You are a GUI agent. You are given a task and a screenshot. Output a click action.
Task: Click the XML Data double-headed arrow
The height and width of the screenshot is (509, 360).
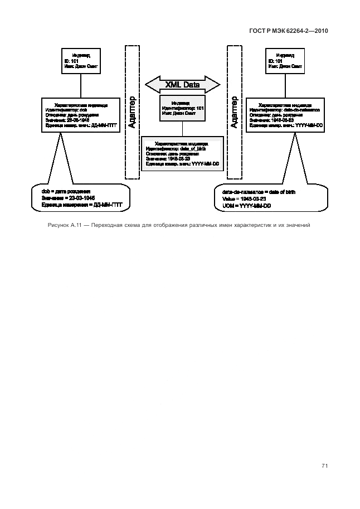182,85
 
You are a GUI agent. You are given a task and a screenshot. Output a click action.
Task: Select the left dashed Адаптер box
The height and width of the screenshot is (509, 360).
132,112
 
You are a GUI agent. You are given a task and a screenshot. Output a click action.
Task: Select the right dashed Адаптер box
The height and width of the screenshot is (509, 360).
233,112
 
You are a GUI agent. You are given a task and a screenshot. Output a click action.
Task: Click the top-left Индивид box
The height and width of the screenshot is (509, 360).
81,61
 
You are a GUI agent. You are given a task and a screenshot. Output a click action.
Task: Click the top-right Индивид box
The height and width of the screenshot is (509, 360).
285,61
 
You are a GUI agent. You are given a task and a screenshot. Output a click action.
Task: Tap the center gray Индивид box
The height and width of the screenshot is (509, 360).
181,108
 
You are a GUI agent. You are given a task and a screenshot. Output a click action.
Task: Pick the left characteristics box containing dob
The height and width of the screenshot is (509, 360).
81,115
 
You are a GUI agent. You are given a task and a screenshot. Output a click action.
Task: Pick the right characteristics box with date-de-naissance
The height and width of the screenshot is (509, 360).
285,115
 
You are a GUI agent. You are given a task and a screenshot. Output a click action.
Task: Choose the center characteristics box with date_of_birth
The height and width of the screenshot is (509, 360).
182,154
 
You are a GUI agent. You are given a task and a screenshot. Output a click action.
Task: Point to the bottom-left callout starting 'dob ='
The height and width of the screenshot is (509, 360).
81,198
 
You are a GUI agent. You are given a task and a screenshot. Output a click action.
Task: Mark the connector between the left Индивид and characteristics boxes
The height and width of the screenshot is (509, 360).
81,86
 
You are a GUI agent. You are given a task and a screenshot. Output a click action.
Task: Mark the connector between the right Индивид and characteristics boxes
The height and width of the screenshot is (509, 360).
285,86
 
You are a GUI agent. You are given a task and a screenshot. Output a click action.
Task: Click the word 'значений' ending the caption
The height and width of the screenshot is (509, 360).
295,226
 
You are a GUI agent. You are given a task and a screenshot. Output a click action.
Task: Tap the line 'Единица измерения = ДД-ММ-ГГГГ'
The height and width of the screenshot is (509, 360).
81,205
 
